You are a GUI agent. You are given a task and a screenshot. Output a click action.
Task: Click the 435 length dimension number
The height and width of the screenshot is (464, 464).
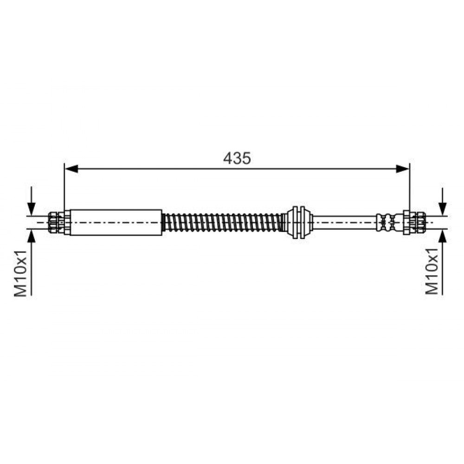click(x=237, y=158)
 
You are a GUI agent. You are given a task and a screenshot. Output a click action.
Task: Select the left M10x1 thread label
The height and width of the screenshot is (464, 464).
click(x=21, y=273)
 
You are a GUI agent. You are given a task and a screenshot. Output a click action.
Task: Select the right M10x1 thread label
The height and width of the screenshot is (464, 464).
click(x=432, y=271)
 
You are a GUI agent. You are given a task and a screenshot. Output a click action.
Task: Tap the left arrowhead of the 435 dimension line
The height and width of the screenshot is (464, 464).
click(x=71, y=169)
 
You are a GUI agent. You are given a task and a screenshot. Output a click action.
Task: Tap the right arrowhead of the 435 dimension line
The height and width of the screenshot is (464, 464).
click(x=403, y=169)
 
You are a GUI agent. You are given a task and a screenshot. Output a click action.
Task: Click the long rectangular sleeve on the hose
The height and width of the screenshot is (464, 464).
click(x=116, y=222)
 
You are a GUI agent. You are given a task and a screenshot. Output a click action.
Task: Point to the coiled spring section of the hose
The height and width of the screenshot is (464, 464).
click(x=222, y=222)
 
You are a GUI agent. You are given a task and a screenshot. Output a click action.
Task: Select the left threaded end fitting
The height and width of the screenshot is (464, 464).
click(x=59, y=222)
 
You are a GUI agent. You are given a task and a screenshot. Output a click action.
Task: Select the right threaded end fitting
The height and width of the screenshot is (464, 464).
click(x=414, y=222)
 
